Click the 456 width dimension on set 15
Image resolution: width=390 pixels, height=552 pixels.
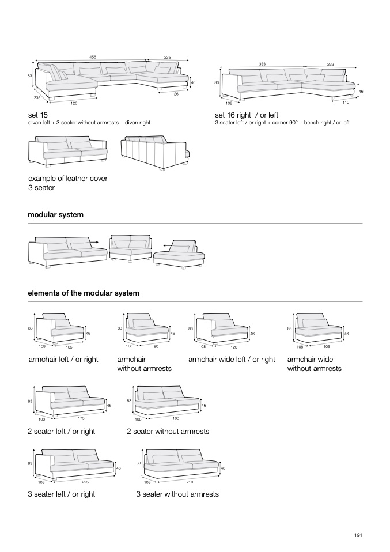pyautogui.click(x=93, y=57)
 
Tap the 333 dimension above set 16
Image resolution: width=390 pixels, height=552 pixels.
pyautogui.click(x=262, y=64)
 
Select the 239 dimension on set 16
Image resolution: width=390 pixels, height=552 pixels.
pyautogui.click(x=330, y=64)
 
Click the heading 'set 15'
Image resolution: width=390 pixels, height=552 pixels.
pyautogui.click(x=38, y=115)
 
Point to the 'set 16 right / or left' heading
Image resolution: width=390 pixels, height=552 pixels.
pyautogui.click(x=247, y=115)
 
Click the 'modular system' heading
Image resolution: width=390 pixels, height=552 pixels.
pyautogui.click(x=55, y=214)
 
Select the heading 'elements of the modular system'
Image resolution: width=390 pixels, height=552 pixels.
pyautogui.click(x=84, y=293)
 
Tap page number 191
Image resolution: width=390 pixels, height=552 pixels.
pyautogui.click(x=358, y=536)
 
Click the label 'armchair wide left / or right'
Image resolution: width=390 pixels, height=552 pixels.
pyautogui.click(x=232, y=360)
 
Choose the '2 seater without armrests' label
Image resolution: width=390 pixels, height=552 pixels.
pyautogui.click(x=168, y=431)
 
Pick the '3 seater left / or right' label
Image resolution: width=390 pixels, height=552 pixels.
pyautogui.click(x=61, y=494)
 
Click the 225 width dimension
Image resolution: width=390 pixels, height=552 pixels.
pyautogui.click(x=85, y=481)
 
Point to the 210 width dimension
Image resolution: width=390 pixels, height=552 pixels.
pyautogui.click(x=190, y=481)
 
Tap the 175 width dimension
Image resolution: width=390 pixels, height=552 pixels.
pyautogui.click(x=81, y=418)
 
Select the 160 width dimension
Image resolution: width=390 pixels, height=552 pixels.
pyautogui.click(x=176, y=418)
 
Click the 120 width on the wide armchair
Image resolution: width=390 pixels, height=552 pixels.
pyautogui.click(x=234, y=347)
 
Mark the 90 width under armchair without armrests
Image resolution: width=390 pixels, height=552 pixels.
pyautogui.click(x=156, y=346)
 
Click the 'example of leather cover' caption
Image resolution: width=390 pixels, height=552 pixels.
pyautogui.click(x=67, y=179)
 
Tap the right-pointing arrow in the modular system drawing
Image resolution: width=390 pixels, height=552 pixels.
pyautogui.click(x=92, y=243)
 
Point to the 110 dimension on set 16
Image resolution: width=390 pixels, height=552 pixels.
pyautogui.click(x=346, y=102)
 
